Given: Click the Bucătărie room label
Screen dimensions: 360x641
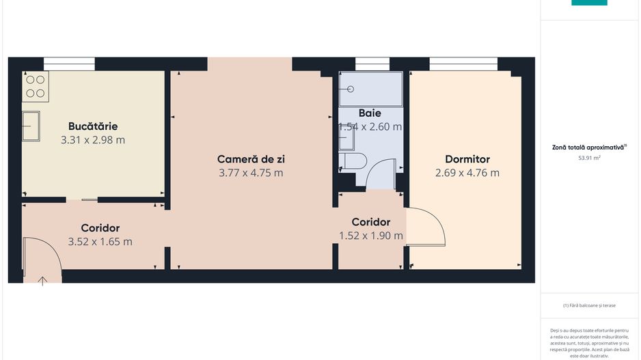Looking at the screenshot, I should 93,126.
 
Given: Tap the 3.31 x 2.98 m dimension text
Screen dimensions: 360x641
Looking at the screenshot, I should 93,140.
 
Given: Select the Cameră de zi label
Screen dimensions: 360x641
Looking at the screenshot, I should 251,159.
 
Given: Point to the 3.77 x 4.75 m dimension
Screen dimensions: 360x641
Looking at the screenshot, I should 251,173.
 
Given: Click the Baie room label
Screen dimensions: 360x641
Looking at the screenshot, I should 370,113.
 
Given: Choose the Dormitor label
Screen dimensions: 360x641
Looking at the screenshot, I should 467,159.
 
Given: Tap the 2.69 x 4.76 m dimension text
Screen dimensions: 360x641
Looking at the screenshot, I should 467,173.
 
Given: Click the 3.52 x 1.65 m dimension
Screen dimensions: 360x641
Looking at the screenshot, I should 100,241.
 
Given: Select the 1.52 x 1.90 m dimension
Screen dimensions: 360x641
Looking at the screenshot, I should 370,236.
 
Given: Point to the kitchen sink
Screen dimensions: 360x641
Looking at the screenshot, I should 30,126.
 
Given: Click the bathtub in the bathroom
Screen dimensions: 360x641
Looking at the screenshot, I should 370,89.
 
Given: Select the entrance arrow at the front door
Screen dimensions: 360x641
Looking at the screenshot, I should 42,280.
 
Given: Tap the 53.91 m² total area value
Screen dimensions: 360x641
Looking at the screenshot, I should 588,158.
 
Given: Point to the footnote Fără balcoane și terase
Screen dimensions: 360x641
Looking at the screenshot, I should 588,305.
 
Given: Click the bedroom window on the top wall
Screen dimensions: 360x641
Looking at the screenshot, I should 463,64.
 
